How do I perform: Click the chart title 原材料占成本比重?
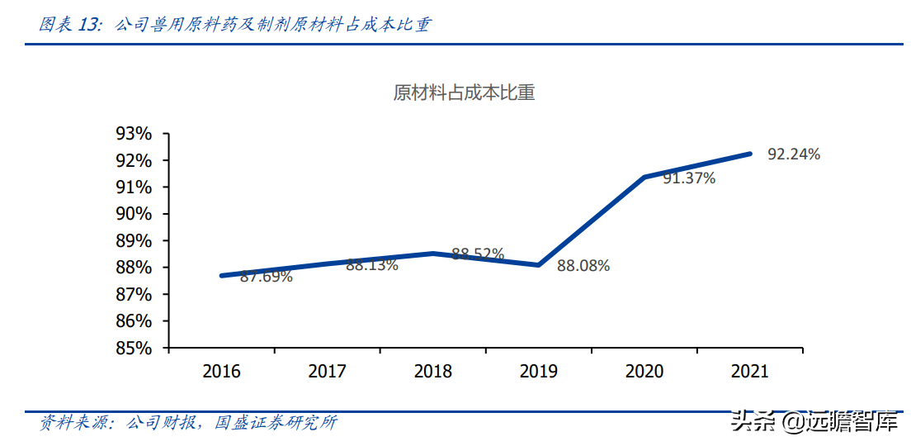coord(464,93)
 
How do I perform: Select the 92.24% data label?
coord(794,154)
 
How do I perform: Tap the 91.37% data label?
coord(688,178)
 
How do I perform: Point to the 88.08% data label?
coord(583,266)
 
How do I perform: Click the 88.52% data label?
coord(478,254)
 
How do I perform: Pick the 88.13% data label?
coord(371,265)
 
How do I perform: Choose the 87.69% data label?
coord(266,277)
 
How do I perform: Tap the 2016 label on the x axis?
coord(221,371)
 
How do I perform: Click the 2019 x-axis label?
coord(538,371)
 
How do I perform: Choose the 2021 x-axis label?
coord(749,371)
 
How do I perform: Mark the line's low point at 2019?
coord(538,265)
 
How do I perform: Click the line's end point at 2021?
coord(749,154)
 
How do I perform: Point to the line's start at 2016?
coord(222,275)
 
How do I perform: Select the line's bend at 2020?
coord(644,177)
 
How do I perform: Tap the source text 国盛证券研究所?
coord(276,423)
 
